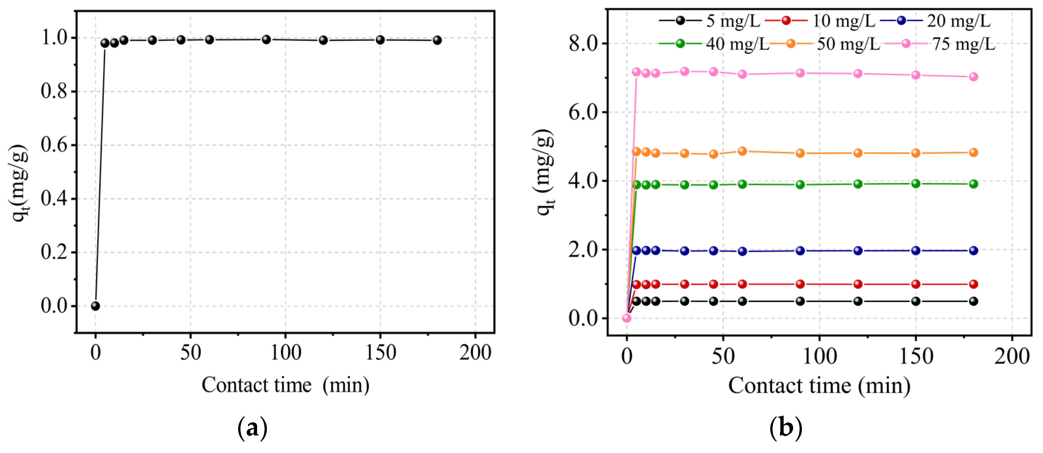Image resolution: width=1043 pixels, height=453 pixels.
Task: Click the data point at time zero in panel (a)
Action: (x=95, y=306)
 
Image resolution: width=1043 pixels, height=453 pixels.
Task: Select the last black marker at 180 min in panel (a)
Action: (x=437, y=40)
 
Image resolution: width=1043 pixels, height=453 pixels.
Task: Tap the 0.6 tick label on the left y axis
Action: (x=54, y=145)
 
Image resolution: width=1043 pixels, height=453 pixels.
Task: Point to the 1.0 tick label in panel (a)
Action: (x=54, y=38)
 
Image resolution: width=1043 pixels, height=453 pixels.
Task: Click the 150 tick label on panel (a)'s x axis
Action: (x=380, y=352)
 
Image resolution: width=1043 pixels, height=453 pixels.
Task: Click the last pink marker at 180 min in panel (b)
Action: (x=973, y=77)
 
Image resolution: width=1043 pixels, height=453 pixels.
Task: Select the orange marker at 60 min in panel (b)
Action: (x=742, y=151)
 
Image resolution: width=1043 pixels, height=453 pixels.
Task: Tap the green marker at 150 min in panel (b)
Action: (x=916, y=184)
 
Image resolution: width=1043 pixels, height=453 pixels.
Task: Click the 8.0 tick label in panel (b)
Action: (x=583, y=43)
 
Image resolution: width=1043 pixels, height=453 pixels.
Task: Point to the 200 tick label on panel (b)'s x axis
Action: (x=1011, y=356)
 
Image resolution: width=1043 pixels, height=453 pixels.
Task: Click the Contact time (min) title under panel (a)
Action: (x=285, y=385)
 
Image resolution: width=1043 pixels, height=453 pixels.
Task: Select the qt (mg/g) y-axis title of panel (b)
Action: (x=543, y=172)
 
